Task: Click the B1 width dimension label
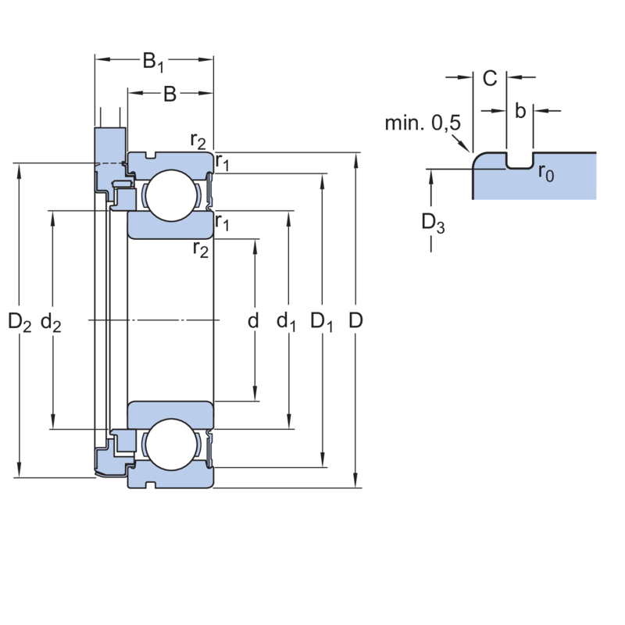(153, 60)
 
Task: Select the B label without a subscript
(169, 95)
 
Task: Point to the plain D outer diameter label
(355, 320)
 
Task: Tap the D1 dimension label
(321, 321)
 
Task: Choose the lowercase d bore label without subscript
(252, 320)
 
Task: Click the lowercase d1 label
(286, 321)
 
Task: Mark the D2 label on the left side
(20, 321)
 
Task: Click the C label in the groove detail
(490, 78)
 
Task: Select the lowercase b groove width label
(520, 112)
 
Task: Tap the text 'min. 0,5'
(423, 123)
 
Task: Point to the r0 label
(545, 173)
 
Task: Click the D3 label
(433, 223)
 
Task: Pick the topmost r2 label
(198, 141)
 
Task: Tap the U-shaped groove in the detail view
(520, 161)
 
